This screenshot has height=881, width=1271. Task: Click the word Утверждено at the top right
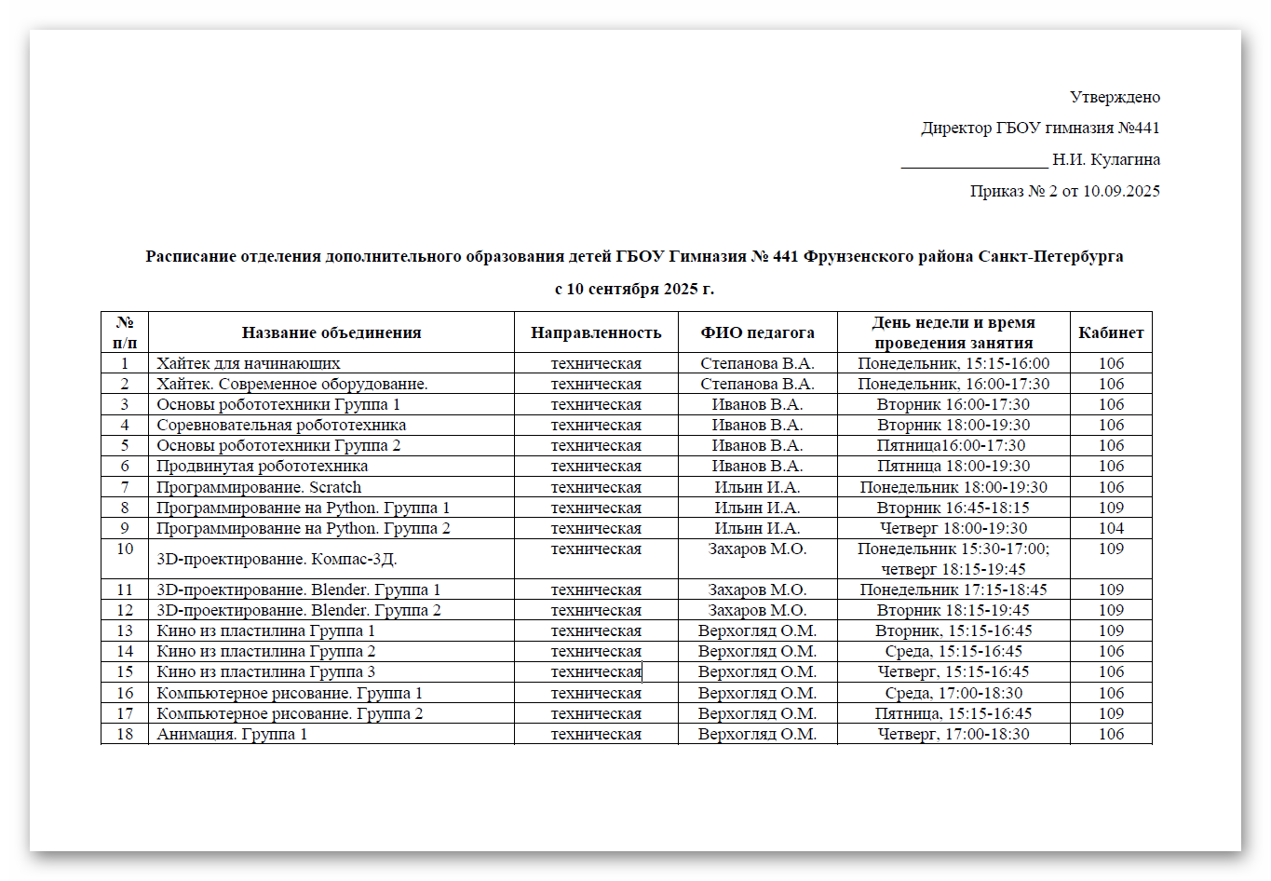coord(1115,97)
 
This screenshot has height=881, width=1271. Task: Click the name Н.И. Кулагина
coord(1106,159)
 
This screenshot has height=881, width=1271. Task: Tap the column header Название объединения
coord(331,332)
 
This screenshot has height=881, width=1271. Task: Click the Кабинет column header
coord(1111,332)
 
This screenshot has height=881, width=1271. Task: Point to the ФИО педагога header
coord(757,332)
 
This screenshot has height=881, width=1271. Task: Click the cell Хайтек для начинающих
coord(249,363)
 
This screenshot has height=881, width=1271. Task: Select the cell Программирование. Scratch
coord(259,487)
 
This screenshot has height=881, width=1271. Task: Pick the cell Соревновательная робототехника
coord(281,425)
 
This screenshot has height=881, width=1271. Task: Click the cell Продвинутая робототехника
coord(263,466)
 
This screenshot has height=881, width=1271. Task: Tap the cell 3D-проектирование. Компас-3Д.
coord(277,559)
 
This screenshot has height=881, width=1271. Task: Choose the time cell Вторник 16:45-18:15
coord(953,508)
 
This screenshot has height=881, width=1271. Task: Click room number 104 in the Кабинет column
coord(1111,528)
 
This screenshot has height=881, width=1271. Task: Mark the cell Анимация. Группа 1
coord(232,734)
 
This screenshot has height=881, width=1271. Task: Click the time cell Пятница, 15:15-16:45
coord(953,713)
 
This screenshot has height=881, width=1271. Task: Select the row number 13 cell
coord(125,630)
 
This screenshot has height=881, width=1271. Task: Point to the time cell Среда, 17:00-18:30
coord(953,693)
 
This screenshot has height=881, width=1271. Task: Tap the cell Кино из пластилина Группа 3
coord(266,671)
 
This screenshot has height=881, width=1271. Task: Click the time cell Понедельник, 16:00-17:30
coord(953,384)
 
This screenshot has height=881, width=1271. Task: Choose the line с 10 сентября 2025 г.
coord(634,289)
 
